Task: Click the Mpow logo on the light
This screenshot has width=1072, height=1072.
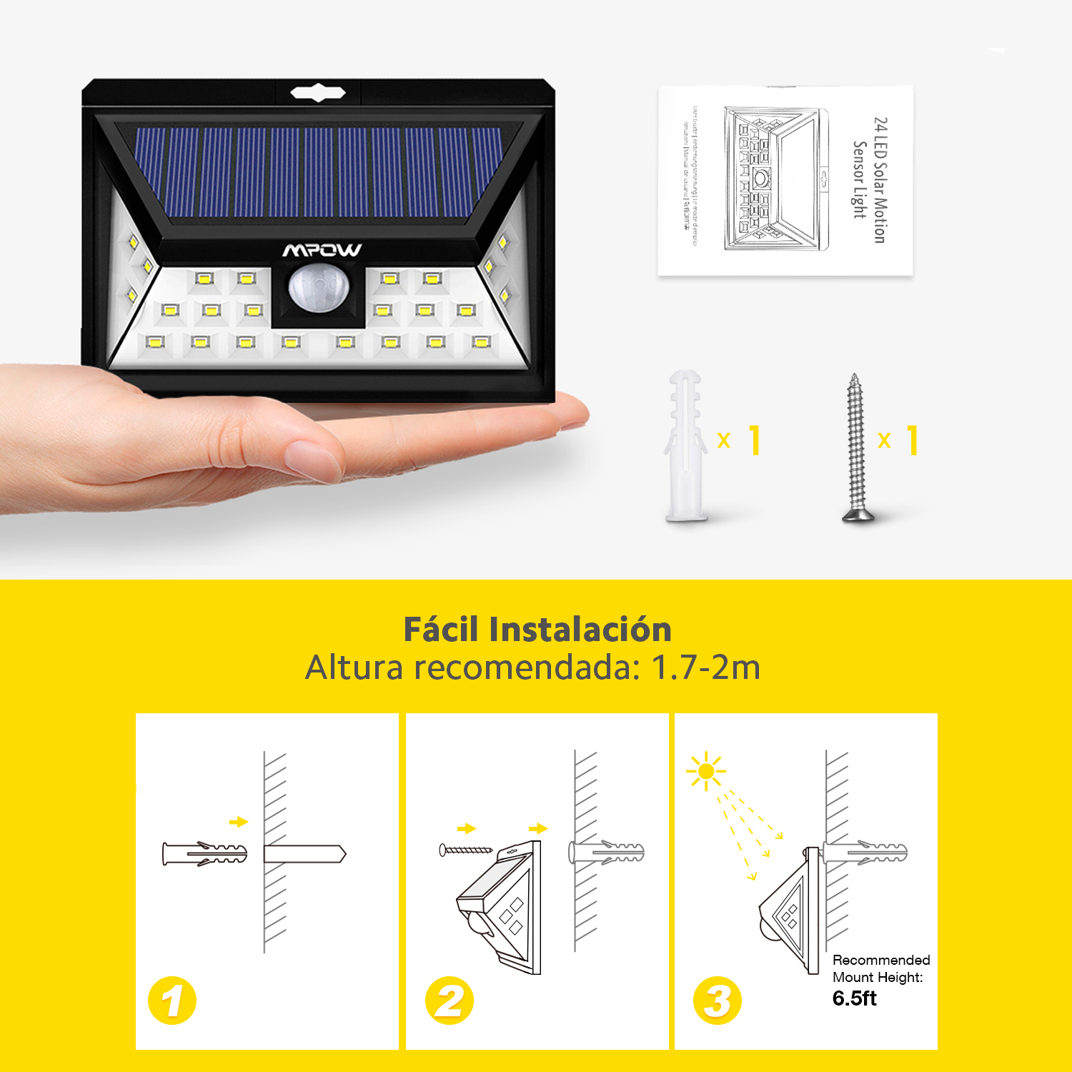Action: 322,250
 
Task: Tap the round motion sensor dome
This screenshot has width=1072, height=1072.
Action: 319,288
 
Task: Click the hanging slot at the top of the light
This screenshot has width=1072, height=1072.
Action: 318,93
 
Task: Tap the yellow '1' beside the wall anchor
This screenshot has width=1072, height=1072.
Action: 755,440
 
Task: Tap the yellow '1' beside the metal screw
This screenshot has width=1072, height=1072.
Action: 913,440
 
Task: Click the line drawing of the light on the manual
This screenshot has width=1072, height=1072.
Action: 775,179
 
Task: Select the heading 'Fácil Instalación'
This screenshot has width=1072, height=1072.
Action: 537,630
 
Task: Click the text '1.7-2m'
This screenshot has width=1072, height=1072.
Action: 705,667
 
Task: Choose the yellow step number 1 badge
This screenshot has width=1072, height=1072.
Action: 172,1000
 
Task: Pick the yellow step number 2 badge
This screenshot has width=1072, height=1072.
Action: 449,1000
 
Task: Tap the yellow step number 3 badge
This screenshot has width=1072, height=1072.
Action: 718,1000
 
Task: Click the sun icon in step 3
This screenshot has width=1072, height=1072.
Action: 706,770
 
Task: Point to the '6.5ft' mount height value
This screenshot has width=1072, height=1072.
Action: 854,998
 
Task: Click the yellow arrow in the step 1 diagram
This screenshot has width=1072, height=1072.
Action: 239,822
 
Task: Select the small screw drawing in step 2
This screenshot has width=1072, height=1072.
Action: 465,850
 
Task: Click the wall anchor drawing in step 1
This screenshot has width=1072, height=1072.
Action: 204,853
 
